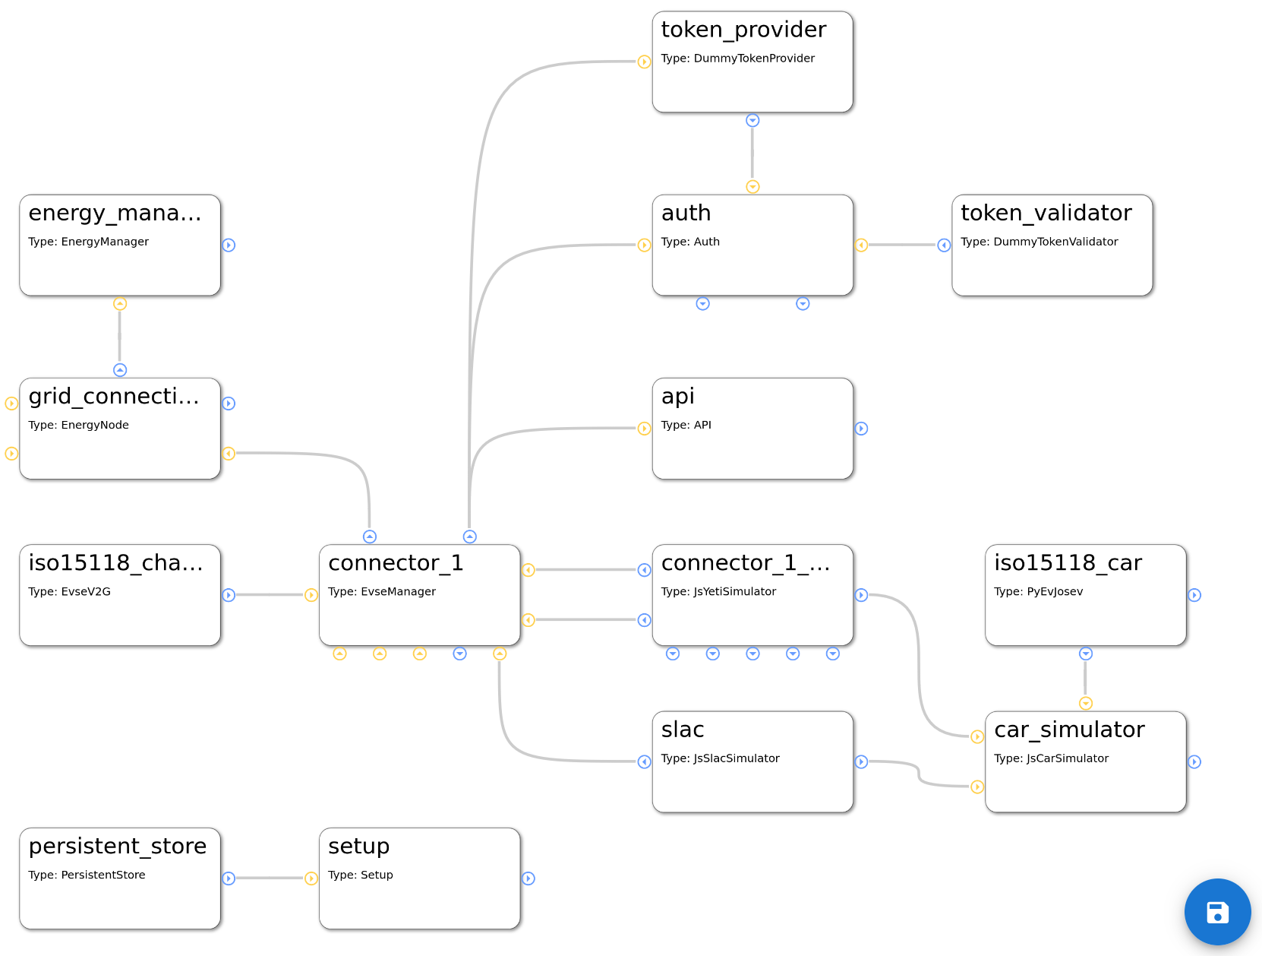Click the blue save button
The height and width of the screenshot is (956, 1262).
point(1217,911)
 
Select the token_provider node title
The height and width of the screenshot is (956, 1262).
point(743,30)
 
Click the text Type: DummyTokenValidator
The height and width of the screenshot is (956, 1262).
point(1039,242)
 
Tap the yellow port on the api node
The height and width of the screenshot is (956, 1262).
point(644,429)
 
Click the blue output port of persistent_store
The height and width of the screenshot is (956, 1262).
point(229,878)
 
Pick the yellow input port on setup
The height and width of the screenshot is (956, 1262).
point(311,878)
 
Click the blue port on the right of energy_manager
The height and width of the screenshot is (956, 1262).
point(229,245)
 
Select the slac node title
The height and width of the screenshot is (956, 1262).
point(683,730)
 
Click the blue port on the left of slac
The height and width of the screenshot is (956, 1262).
point(644,761)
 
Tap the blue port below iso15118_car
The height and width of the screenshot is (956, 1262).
point(1086,654)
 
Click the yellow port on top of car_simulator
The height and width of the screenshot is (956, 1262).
point(1086,704)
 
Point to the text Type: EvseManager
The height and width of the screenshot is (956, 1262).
point(382,591)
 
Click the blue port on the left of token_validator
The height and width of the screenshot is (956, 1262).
point(944,245)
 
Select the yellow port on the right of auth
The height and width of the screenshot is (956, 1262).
point(861,245)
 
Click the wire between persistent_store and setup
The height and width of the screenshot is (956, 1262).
point(270,878)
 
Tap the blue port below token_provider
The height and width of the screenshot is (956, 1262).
point(752,121)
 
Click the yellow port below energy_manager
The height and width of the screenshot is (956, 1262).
point(120,304)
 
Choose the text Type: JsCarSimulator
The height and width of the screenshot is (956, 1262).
point(1051,758)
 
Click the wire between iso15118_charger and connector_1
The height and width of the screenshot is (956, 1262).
point(270,595)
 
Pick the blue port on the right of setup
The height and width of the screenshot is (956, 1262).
point(528,878)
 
